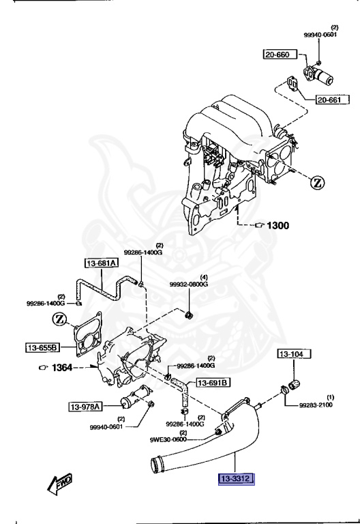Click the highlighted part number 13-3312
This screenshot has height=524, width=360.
click(236, 480)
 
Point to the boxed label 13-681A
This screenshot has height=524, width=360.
click(102, 263)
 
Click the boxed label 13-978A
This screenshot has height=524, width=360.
click(85, 407)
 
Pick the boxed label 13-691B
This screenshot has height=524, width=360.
click(213, 382)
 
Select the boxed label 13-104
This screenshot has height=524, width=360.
click(294, 354)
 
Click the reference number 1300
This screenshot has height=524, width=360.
click(277, 226)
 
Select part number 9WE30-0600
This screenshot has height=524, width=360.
click(168, 440)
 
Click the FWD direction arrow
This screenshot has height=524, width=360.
click(60, 484)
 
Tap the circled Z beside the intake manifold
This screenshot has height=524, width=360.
click(318, 182)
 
